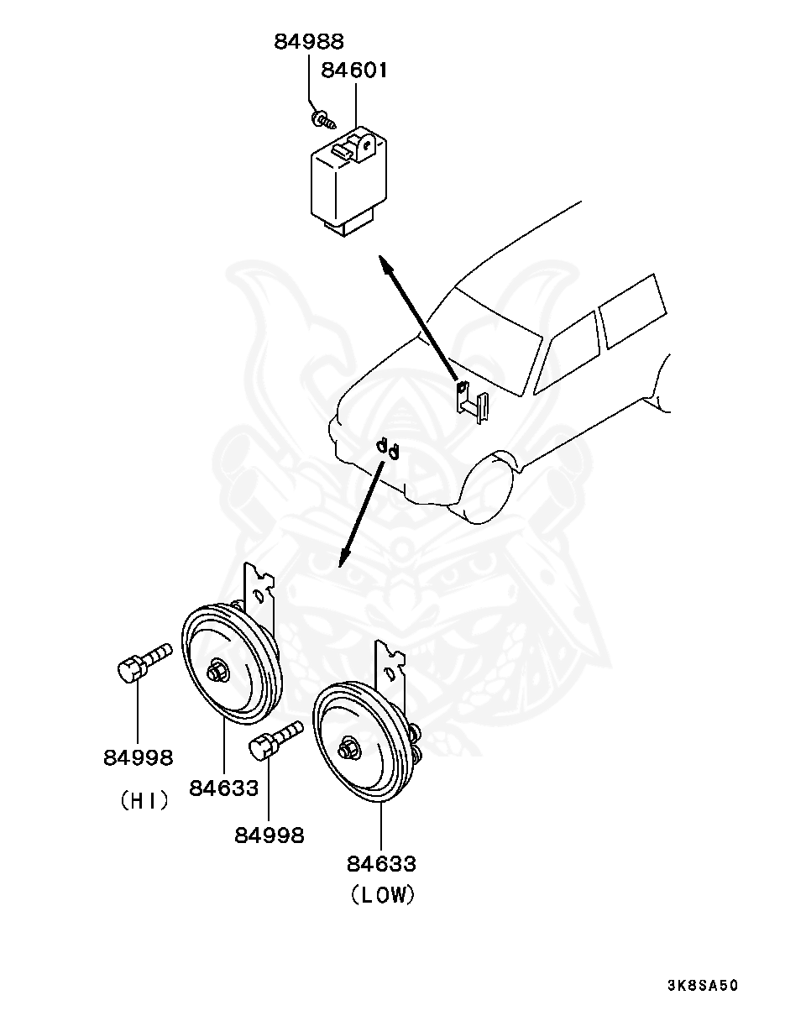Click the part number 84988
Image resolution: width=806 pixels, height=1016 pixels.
(308, 41)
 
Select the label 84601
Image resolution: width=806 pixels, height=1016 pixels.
(354, 71)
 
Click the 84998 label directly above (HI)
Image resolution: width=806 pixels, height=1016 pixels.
(139, 757)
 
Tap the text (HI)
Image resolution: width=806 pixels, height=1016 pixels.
(144, 801)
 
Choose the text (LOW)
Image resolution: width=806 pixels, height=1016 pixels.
(382, 895)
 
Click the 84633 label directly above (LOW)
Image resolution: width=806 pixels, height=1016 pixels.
(381, 863)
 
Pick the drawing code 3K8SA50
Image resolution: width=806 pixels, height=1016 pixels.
(703, 985)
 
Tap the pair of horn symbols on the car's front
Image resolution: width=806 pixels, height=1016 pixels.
(387, 448)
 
